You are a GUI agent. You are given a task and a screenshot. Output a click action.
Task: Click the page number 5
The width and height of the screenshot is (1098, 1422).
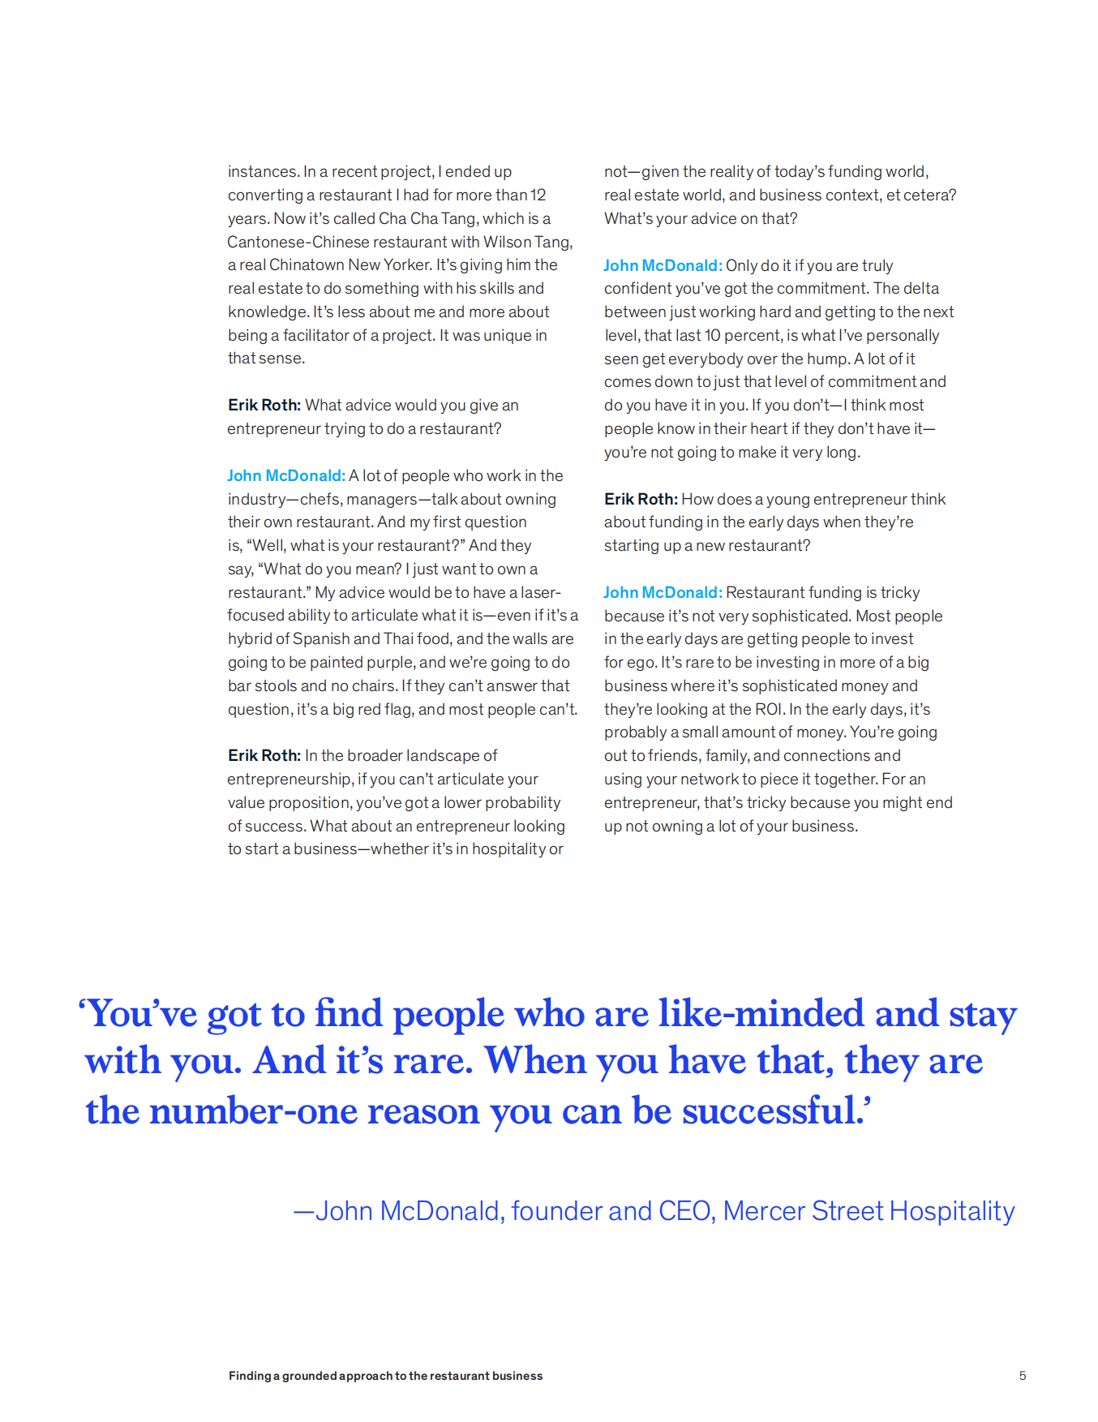click(x=1023, y=1376)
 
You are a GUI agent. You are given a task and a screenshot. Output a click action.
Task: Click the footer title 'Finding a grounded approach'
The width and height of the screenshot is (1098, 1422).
click(x=385, y=1376)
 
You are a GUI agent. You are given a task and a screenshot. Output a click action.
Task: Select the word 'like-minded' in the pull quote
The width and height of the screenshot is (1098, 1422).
click(x=761, y=1014)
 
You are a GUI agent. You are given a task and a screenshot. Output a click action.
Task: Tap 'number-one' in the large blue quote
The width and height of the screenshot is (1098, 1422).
click(x=253, y=1111)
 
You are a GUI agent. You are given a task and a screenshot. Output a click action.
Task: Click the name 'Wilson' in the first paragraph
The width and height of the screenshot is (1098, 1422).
click(x=507, y=242)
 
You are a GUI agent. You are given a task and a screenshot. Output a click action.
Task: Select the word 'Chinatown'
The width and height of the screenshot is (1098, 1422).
click(x=306, y=265)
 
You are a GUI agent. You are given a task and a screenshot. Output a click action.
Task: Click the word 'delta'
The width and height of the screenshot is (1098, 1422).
click(x=920, y=289)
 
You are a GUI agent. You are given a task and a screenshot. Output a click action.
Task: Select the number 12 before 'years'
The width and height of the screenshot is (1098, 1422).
click(x=538, y=195)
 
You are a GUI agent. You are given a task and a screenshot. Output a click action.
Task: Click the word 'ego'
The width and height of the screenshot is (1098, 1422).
click(x=641, y=663)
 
